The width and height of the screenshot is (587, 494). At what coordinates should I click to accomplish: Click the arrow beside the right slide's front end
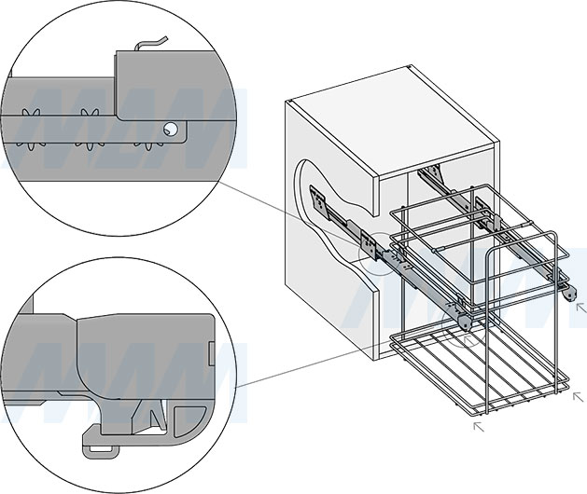(581, 306)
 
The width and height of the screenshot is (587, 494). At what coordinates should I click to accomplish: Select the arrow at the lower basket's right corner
(580, 397)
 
